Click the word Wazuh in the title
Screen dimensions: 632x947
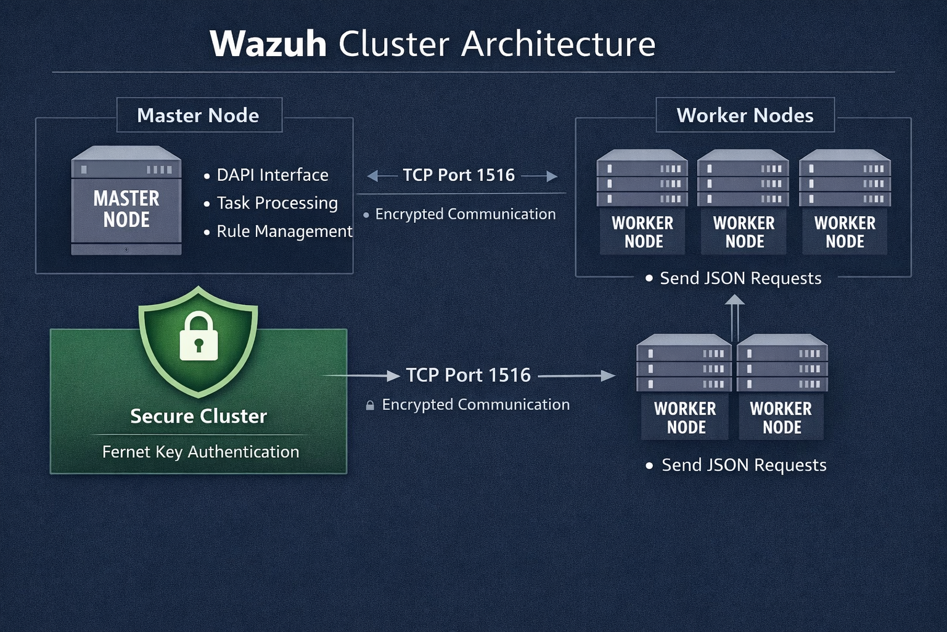pos(268,44)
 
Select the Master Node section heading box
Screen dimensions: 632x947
pos(199,115)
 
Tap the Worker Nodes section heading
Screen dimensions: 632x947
pos(745,115)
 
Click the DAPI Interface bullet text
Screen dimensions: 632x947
pos(273,175)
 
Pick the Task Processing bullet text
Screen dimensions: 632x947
pos(277,203)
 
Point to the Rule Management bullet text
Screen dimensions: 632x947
pos(284,231)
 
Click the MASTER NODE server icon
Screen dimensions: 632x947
pos(126,201)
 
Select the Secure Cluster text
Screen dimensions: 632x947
pos(199,417)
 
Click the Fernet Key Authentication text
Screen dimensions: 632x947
pos(200,452)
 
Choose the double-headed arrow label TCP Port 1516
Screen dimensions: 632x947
pos(459,175)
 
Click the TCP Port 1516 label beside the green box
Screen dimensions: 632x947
pos(468,375)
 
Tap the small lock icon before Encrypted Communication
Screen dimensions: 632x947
pos(370,405)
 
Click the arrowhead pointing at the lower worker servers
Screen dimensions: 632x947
pos(608,375)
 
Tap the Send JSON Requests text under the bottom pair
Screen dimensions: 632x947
pos(744,465)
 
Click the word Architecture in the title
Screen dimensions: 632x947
pos(559,44)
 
